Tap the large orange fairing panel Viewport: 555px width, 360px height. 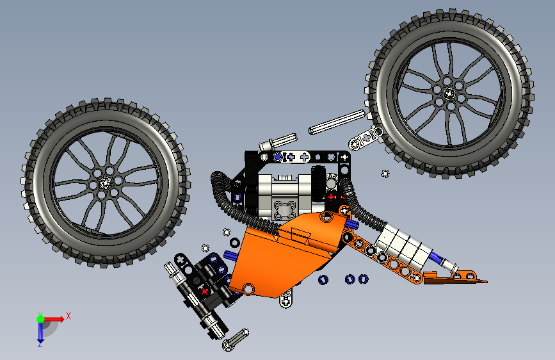click(285, 253)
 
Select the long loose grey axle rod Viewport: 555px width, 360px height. click(337, 122)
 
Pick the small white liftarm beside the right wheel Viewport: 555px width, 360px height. click(366, 138)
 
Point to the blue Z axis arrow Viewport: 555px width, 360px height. click(40, 331)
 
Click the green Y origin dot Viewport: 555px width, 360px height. click(40, 318)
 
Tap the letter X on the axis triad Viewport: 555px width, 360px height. click(68, 315)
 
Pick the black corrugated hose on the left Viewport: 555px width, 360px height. click(224, 192)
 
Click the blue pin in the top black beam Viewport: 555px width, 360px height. click(277, 156)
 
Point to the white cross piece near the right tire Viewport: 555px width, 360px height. click(385, 173)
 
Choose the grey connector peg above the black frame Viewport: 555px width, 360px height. click(277, 142)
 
